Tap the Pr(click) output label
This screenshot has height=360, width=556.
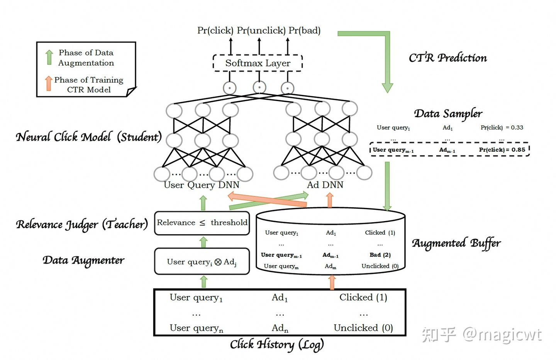[215, 30]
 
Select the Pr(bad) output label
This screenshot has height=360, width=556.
[305, 30]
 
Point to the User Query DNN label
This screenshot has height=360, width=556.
[202, 185]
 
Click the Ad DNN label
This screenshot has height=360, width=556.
[325, 185]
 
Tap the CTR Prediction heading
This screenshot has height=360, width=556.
[448, 58]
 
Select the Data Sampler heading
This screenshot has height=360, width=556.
[448, 114]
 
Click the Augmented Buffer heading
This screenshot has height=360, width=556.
[456, 243]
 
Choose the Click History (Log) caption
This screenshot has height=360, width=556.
[277, 345]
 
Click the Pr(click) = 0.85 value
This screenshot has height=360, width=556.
[502, 150]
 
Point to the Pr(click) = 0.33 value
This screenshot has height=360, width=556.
[502, 128]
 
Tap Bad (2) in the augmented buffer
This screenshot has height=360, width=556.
[380, 255]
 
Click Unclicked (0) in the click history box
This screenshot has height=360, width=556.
[363, 328]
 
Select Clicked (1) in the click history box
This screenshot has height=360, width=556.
[363, 297]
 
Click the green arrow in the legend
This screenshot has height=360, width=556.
[49, 57]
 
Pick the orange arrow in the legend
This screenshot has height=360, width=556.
[49, 83]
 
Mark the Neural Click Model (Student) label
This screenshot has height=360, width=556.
[89, 137]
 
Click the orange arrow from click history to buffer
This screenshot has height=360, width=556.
[332, 282]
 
